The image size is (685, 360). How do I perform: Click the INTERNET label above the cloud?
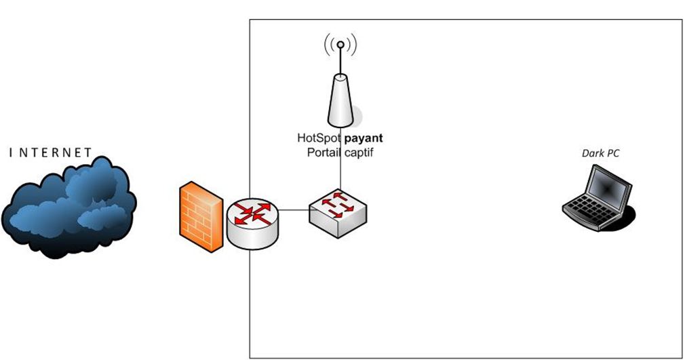click(50, 153)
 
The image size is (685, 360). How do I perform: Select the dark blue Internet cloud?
click(69, 207)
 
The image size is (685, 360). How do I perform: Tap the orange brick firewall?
click(201, 217)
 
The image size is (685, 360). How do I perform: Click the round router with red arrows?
click(252, 224)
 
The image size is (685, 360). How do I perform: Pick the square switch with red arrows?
click(338, 213)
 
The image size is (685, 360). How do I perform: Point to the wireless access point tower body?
click(340, 100)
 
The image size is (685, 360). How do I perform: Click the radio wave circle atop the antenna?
click(340, 44)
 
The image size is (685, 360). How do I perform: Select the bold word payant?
click(364, 138)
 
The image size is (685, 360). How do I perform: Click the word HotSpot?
click(319, 138)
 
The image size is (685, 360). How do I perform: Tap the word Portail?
click(322, 153)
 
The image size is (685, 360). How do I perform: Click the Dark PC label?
click(600, 153)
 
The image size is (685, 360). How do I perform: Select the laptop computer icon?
click(598, 197)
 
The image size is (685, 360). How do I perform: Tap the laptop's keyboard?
click(588, 209)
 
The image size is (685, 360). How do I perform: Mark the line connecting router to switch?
click(294, 210)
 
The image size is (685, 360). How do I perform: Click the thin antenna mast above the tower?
click(340, 61)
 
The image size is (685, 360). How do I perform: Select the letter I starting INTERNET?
click(11, 153)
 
